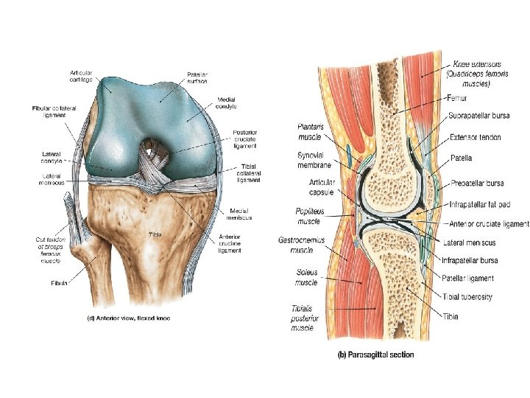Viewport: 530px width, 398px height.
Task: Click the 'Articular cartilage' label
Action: click(x=80, y=75)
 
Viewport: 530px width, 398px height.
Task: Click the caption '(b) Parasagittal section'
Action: click(x=375, y=355)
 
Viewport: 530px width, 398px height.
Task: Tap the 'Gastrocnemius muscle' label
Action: click(x=299, y=245)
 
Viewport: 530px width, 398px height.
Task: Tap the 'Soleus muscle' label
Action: click(x=302, y=277)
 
